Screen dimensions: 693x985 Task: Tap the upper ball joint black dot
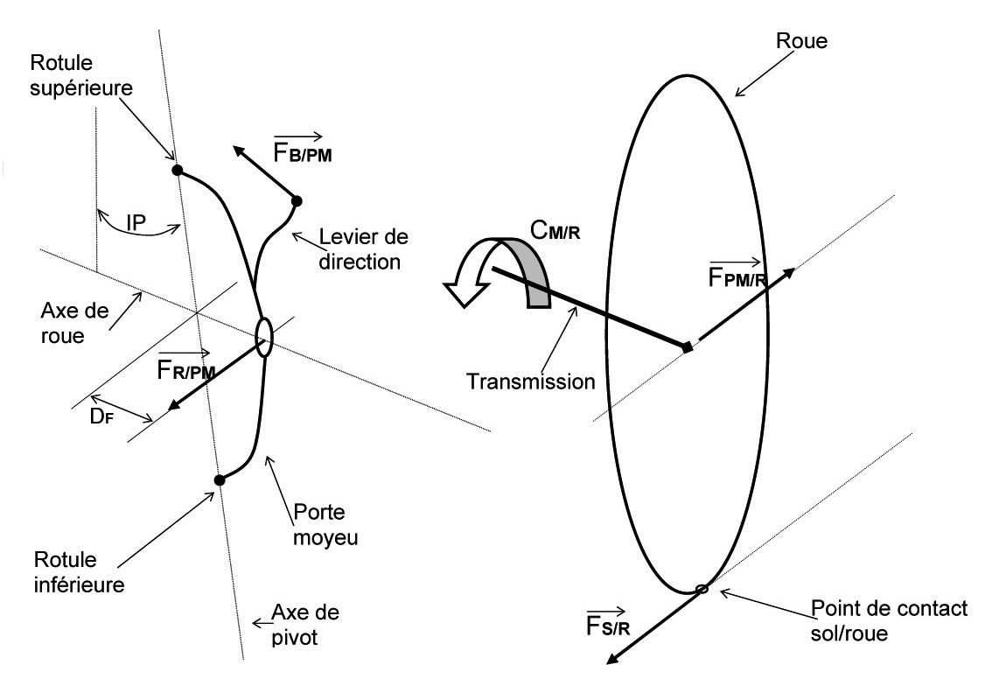177,170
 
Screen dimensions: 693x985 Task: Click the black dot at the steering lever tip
297,201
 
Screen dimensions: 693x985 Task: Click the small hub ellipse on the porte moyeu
264,337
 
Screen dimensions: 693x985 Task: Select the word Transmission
530,381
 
